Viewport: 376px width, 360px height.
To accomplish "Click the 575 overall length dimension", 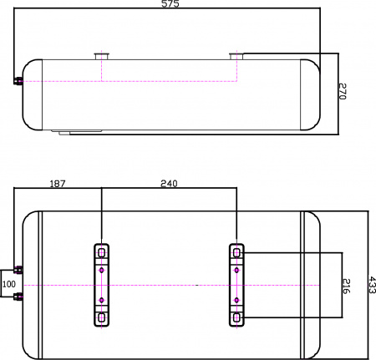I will tap(170, 4).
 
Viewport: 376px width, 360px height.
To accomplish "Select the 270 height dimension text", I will tap(342, 92).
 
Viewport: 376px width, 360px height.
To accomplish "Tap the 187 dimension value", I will tap(58, 183).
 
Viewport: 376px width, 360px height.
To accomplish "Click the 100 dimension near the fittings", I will tap(9, 284).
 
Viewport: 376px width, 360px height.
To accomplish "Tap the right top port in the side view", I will tap(236, 56).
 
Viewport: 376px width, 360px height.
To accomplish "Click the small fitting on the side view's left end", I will tap(18, 81).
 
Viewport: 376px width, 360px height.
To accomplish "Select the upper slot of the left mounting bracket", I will tap(102, 252).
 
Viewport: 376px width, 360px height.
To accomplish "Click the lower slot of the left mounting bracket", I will tap(102, 317).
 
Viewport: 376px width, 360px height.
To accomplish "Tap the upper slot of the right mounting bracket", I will tap(236, 252).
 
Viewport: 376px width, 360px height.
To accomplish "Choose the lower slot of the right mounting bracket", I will tap(236, 317).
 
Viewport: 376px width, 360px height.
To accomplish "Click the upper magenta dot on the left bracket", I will tap(102, 270).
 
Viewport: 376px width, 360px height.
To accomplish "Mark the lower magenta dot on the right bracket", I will tap(236, 300).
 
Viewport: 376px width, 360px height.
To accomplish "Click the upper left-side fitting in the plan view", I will tap(18, 270).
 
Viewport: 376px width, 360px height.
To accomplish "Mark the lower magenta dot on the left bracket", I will tap(102, 300).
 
